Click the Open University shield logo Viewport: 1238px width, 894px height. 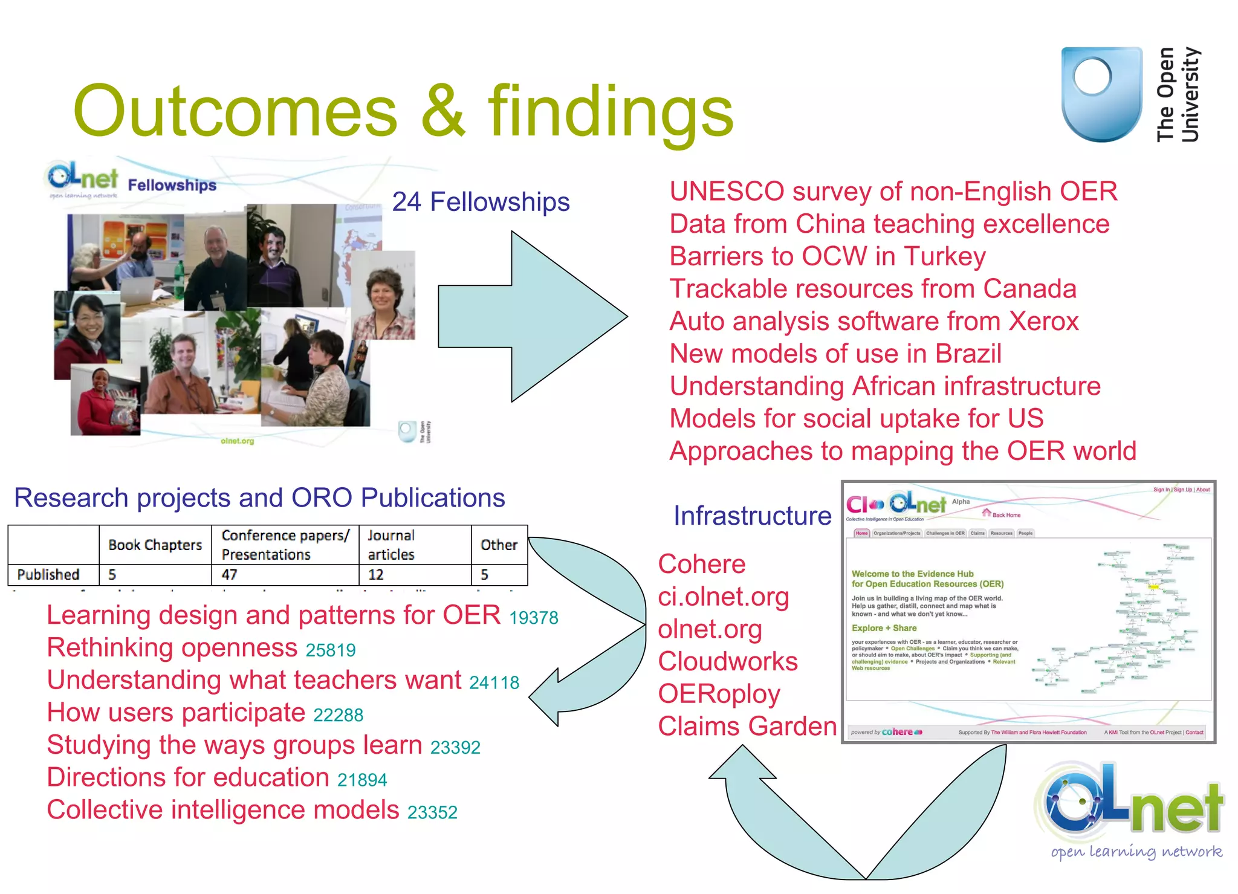(x=1101, y=94)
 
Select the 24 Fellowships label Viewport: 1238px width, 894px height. (x=481, y=202)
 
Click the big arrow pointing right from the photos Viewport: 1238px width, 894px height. (x=532, y=316)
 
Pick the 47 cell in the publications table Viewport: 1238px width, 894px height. (x=230, y=574)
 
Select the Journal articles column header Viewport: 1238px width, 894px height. (x=391, y=545)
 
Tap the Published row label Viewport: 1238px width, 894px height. (x=48, y=574)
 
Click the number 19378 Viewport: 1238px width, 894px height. (x=533, y=618)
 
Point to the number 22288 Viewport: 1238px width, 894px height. (x=338, y=715)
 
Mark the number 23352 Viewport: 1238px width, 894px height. (x=432, y=812)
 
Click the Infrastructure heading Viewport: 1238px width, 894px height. (x=752, y=516)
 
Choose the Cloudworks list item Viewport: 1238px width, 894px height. (x=728, y=661)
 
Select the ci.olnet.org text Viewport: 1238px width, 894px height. (x=724, y=597)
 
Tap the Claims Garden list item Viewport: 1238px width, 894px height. (x=747, y=726)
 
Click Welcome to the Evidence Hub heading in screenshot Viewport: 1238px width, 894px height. (x=912, y=574)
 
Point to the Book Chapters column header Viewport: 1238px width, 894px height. (x=155, y=545)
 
